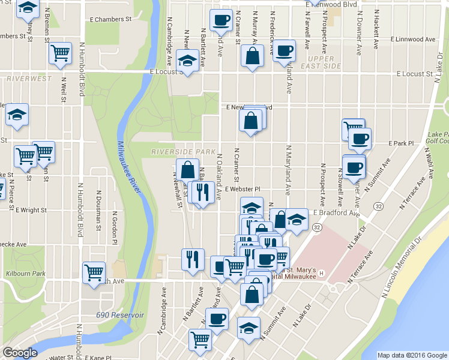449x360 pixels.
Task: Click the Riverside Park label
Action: [183, 151]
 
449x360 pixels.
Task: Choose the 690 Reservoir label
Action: [119, 315]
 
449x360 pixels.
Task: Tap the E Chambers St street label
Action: [110, 19]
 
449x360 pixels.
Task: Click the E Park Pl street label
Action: [402, 144]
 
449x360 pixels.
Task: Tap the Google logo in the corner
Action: [20, 353]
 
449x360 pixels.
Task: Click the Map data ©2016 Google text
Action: [412, 355]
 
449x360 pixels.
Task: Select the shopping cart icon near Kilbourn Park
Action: [94, 272]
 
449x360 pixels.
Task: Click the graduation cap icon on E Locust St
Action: [188, 61]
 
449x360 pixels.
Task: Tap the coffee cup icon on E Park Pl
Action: [360, 139]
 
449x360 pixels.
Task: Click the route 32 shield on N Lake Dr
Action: [378, 206]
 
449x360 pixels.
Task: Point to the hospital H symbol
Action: [322, 274]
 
